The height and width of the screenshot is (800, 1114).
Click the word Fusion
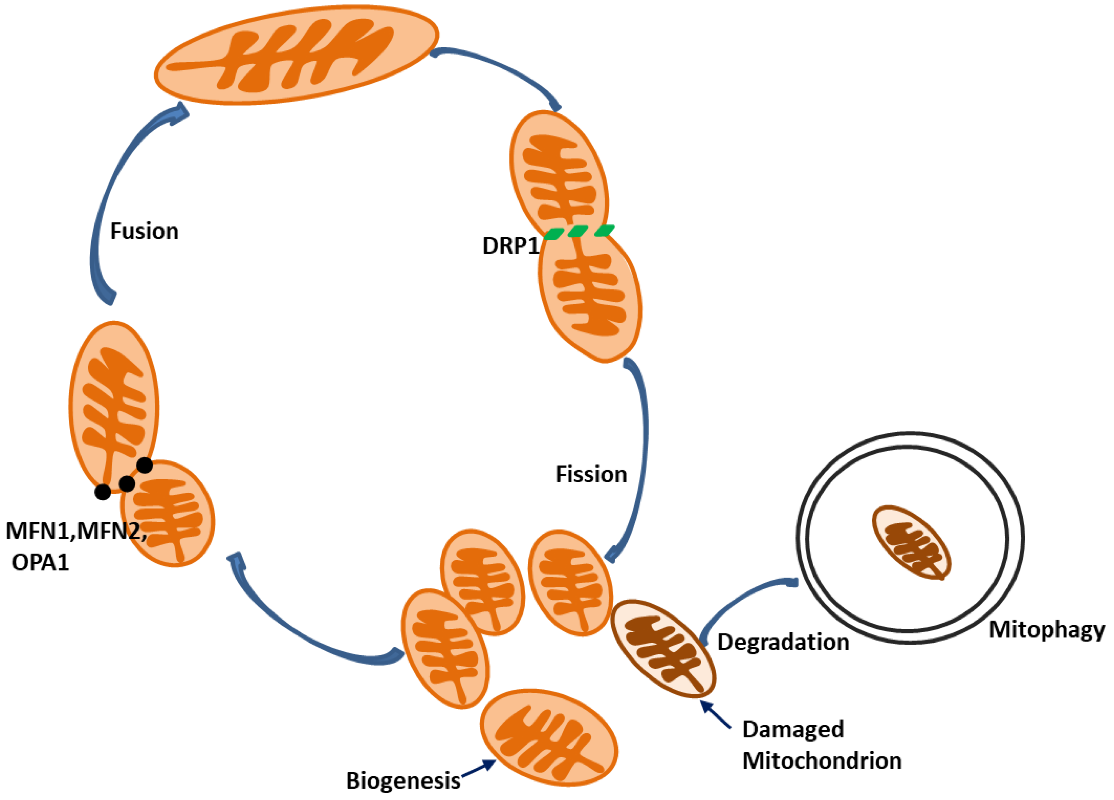pos(144,231)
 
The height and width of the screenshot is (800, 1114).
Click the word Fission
pos(591,475)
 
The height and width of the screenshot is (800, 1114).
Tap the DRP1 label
pos(511,246)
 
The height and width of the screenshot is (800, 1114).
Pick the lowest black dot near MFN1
pos(103,492)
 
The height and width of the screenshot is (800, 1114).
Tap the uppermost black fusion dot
pos(144,465)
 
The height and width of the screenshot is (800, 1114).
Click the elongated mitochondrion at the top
pos(296,54)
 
